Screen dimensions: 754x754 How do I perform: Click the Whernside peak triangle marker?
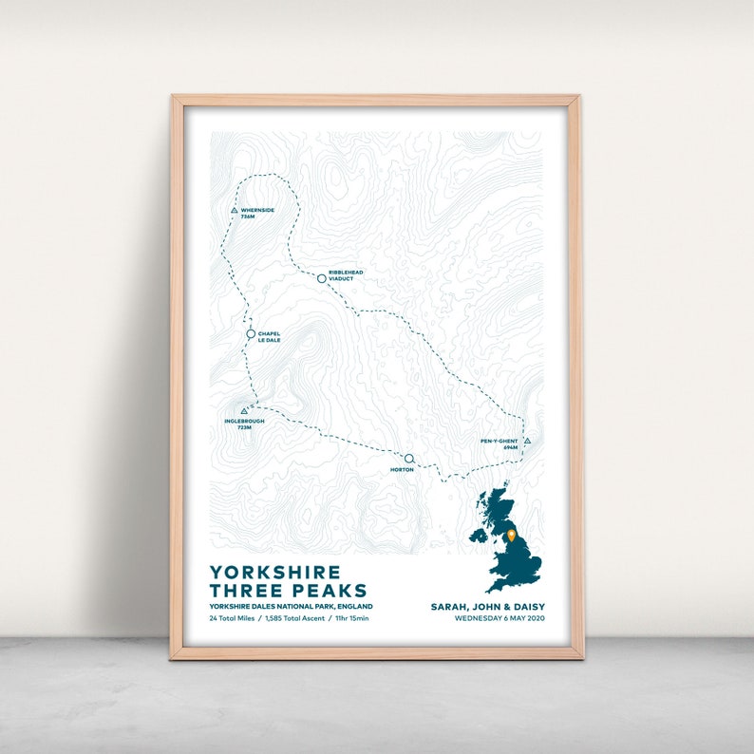coord(234,211)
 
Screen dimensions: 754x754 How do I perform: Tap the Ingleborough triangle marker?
coord(244,411)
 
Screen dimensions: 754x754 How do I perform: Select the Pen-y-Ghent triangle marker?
coord(527,441)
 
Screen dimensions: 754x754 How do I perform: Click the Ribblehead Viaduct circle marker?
coord(321,277)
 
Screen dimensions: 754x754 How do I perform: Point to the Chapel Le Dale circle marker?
coord(251,334)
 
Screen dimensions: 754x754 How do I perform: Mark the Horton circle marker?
coord(408,459)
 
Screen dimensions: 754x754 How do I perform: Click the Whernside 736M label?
coord(256,214)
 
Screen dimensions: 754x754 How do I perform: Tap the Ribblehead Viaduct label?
coord(346,275)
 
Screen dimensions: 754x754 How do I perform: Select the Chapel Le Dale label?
coord(269,336)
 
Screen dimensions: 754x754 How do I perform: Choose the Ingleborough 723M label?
coord(245,424)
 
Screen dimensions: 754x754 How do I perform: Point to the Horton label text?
coord(403,470)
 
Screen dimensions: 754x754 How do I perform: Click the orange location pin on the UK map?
coord(512,536)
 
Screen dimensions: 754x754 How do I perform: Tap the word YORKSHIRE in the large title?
coord(274,572)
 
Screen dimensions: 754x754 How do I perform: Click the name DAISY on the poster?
coord(526,606)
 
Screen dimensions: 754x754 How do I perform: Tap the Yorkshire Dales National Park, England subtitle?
coord(292,606)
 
